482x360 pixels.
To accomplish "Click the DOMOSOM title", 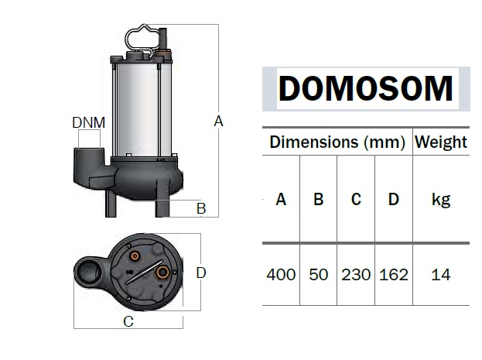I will pyautogui.click(x=365, y=88).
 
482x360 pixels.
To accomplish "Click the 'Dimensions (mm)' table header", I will pyautogui.click(x=337, y=142).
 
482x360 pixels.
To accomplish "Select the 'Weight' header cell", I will pyautogui.click(x=441, y=142).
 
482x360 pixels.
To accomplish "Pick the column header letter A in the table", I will pyautogui.click(x=281, y=200).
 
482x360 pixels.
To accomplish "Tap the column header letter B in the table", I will pyautogui.click(x=318, y=200).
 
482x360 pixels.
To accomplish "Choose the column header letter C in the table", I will pyautogui.click(x=356, y=200).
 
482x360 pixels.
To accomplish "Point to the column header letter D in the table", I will pyautogui.click(x=393, y=200).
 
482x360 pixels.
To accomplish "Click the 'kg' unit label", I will pyautogui.click(x=441, y=200).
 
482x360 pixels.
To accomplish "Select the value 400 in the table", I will pyautogui.click(x=281, y=275).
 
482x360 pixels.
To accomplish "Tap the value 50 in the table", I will pyautogui.click(x=318, y=275).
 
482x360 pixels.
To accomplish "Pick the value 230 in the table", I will pyautogui.click(x=356, y=275).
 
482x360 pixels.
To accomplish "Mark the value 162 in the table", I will pyautogui.click(x=394, y=275).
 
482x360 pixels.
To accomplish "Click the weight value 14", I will pyautogui.click(x=441, y=275).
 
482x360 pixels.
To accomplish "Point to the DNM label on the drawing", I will pyautogui.click(x=88, y=122).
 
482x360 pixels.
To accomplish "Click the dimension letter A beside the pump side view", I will pyautogui.click(x=218, y=121).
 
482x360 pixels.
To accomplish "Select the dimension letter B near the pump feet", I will pyautogui.click(x=200, y=207).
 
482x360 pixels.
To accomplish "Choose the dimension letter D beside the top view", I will pyautogui.click(x=201, y=273).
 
